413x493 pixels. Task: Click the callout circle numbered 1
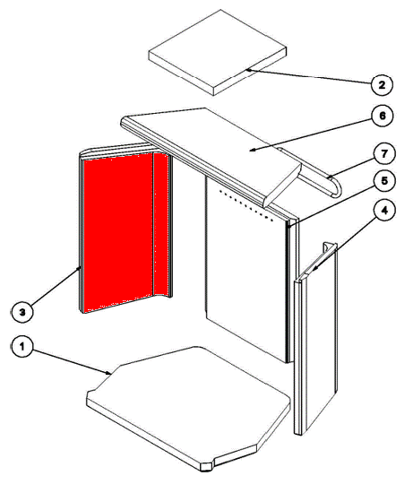point(22,347)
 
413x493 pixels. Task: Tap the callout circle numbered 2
point(382,84)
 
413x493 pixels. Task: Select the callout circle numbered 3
point(22,312)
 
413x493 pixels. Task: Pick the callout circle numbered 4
point(384,211)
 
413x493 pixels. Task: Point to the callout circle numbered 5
point(384,181)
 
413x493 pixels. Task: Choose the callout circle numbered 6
point(383,116)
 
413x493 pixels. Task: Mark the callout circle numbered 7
point(384,154)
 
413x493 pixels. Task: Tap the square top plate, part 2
point(218,52)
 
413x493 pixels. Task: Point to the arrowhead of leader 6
point(251,151)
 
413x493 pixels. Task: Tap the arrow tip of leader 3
point(81,266)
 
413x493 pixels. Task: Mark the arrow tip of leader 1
point(110,374)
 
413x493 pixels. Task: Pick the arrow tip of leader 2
point(247,70)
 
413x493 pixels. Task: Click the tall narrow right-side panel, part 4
point(315,339)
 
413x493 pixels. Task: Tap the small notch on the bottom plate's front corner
point(208,466)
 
